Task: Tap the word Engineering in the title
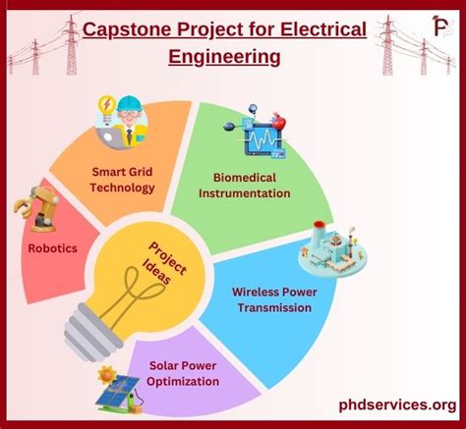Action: pos(224,56)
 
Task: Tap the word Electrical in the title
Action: pos(314,30)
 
